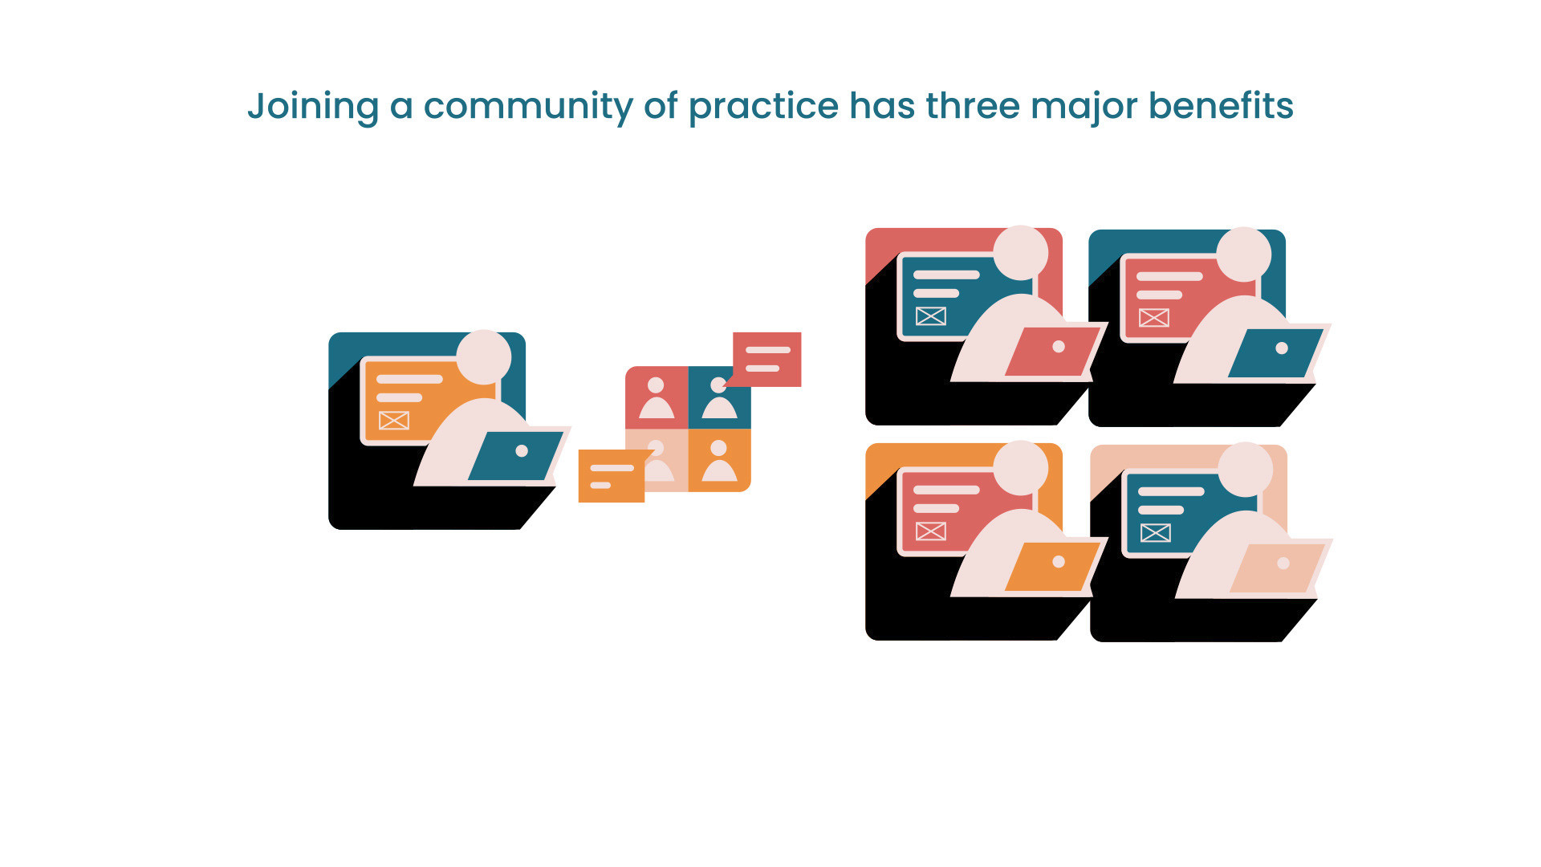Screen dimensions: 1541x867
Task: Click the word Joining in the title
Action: (313, 107)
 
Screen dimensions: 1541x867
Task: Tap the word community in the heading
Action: (528, 107)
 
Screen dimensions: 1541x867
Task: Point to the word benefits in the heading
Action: (1221, 105)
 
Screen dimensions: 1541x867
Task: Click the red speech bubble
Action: (766, 360)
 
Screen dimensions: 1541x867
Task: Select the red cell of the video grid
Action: (657, 397)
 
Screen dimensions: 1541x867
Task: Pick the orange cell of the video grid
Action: (720, 460)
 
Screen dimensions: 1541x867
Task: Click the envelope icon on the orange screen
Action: (394, 420)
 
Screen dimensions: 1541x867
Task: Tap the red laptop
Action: (1051, 352)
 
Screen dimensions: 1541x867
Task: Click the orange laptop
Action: (1051, 567)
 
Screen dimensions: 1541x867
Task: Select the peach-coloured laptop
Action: (1276, 568)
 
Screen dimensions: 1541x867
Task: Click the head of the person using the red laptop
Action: (1021, 253)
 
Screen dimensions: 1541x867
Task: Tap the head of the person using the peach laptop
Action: (1246, 470)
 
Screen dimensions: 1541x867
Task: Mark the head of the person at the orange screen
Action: (484, 356)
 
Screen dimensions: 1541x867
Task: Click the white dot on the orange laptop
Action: (1059, 562)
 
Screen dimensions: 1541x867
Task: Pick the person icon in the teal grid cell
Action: (719, 398)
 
